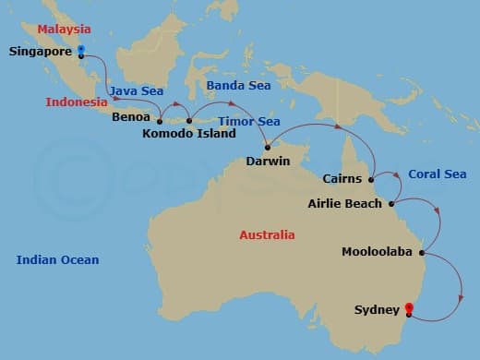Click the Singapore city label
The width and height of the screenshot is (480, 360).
(40, 52)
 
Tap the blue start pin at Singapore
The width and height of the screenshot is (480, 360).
(81, 49)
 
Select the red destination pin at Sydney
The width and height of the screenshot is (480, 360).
(409, 310)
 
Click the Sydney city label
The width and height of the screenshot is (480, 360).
(377, 310)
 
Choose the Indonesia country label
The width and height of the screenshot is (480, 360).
(77, 102)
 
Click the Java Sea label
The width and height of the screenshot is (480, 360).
(136, 90)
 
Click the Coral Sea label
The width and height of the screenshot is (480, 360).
(437, 174)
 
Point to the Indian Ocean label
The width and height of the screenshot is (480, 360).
(57, 260)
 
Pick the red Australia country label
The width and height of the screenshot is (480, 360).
(267, 235)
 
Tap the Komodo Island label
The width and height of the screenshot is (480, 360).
(189, 134)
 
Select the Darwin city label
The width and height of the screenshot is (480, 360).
(268, 162)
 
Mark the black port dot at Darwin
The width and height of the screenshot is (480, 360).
(267, 145)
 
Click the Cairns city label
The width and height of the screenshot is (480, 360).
(343, 179)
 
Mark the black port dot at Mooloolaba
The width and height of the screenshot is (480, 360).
(421, 252)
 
